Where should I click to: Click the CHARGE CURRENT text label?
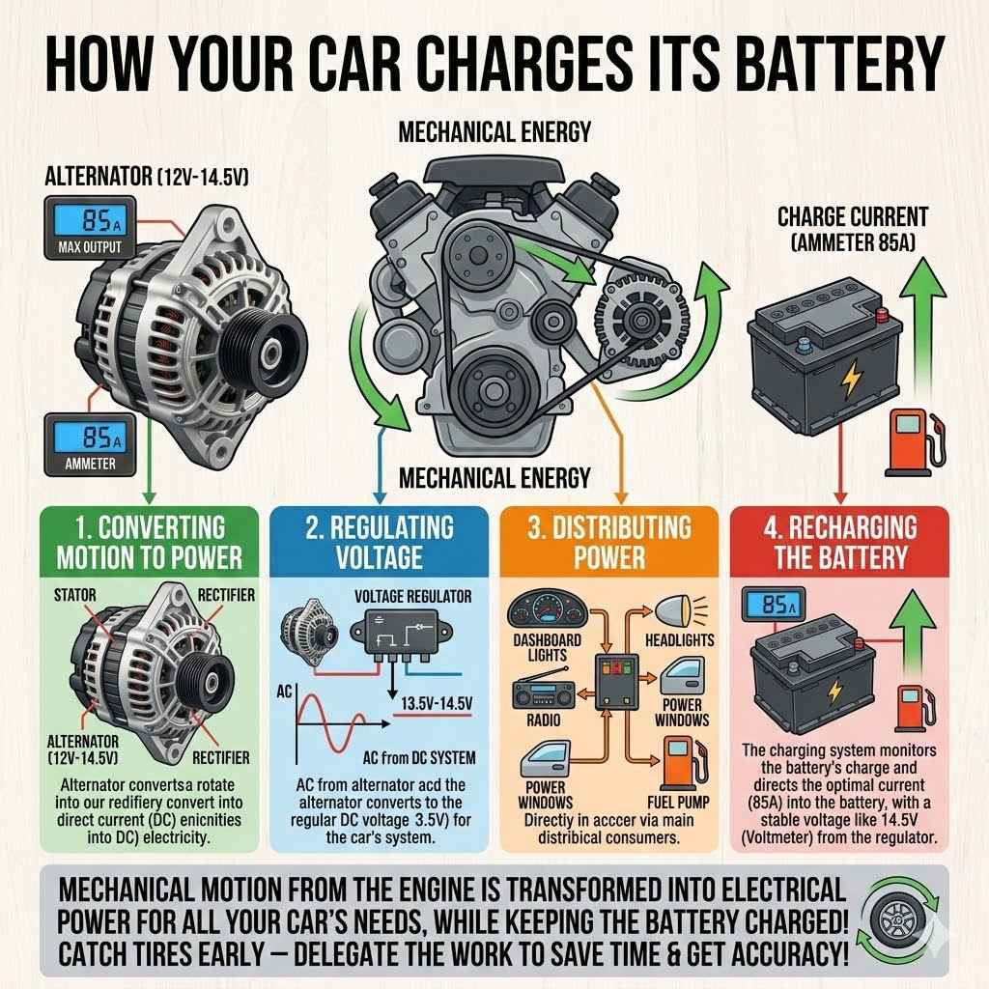point(852,217)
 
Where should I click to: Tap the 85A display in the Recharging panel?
point(774,607)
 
